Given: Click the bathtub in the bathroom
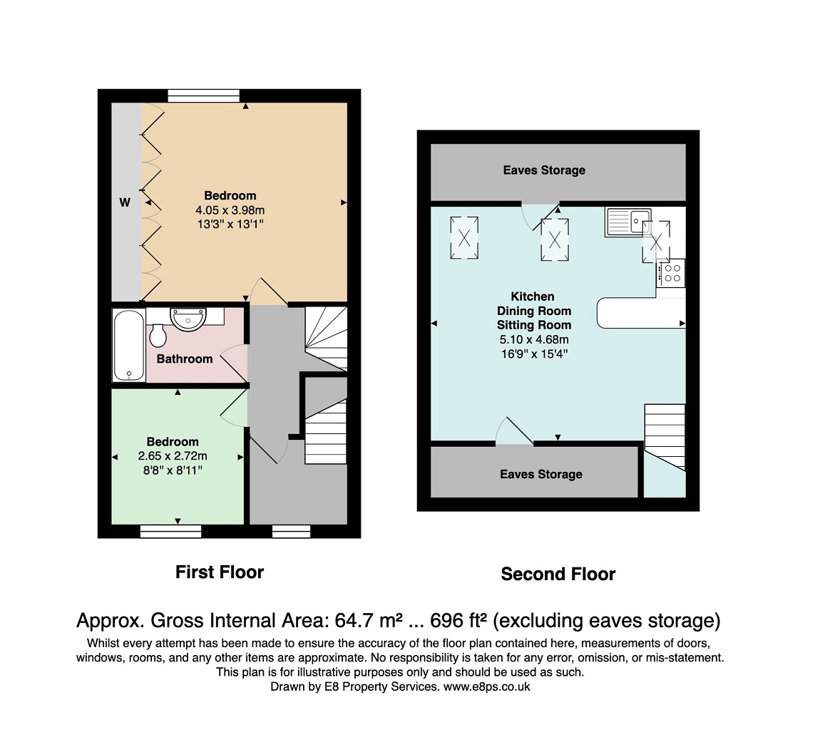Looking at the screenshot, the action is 128,346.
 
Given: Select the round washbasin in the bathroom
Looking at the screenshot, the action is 188,319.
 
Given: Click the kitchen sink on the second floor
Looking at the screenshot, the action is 628,222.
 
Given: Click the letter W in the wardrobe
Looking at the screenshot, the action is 125,202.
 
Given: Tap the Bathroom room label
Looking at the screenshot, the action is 185,359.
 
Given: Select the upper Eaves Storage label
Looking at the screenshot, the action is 544,170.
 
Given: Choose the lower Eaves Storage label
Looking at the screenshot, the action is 541,474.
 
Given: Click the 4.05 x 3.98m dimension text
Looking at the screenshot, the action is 230,210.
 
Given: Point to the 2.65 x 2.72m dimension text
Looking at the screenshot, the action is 173,456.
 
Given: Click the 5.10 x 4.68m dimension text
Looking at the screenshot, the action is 534,340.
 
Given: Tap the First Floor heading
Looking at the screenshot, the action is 220,572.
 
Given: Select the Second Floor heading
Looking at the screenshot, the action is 558,574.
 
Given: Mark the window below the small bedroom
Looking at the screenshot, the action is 170,532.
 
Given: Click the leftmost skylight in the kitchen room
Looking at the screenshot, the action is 464,238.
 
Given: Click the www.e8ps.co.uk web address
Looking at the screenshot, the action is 486,686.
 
